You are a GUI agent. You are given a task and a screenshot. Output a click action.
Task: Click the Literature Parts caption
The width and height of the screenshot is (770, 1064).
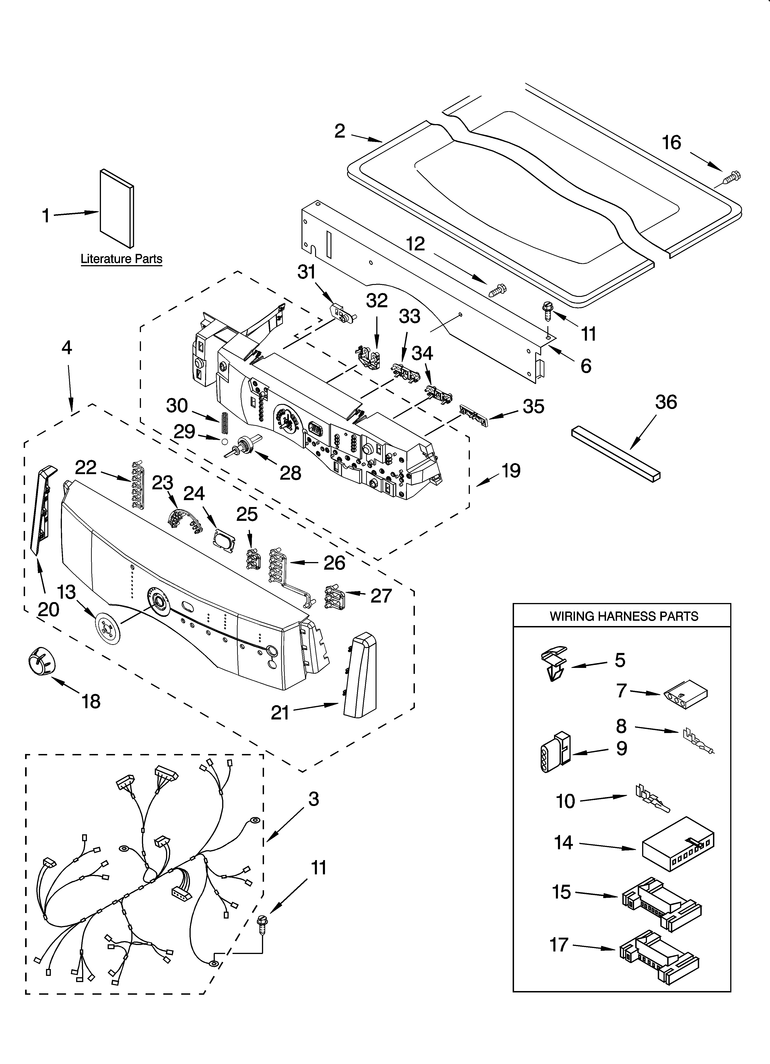pos(121,259)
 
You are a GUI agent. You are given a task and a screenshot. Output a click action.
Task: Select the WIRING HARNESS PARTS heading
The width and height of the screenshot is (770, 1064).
pos(624,616)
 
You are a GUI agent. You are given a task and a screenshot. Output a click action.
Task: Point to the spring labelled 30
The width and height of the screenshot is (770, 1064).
pos(224,423)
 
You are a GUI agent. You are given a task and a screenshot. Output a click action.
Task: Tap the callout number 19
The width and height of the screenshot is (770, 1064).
pos(511,470)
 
